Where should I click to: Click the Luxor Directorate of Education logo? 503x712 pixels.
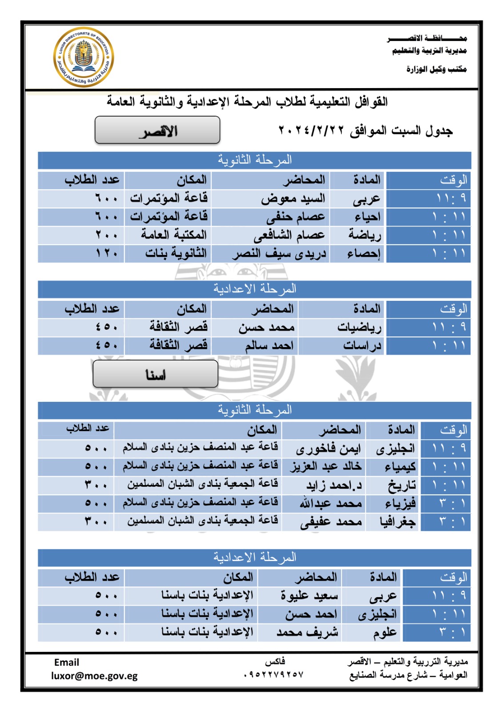point(84,57)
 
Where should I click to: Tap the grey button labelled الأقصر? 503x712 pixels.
point(157,130)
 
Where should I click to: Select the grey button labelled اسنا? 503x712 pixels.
point(155,374)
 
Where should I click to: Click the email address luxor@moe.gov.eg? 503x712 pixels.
point(94,676)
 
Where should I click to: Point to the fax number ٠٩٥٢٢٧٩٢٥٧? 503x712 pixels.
point(274,675)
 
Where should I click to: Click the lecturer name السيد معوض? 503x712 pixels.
point(293,198)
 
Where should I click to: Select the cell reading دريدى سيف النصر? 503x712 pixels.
point(279,254)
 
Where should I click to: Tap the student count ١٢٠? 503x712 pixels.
point(107,254)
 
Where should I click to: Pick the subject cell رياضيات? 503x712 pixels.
point(359,328)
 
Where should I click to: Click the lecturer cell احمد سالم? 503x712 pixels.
point(269,346)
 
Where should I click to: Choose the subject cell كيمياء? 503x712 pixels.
point(400,467)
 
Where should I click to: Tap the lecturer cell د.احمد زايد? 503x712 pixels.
point(334,485)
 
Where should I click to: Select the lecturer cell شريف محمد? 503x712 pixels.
point(307,632)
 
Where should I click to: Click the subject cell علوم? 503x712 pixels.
point(385,632)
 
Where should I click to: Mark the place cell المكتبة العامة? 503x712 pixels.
point(174,235)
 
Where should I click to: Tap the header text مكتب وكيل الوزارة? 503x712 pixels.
point(436,69)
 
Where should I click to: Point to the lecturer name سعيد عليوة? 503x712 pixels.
point(309,595)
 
